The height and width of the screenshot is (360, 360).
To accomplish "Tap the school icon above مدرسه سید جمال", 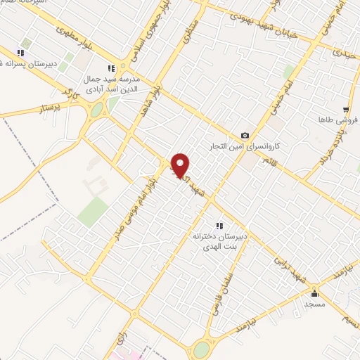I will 110,68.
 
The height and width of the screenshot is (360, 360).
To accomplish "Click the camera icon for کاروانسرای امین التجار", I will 245,135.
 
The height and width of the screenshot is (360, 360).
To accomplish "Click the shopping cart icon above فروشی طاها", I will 345,110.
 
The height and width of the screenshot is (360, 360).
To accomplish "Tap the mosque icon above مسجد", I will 314,294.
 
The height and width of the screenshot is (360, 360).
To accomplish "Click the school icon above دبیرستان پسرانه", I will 21,53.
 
